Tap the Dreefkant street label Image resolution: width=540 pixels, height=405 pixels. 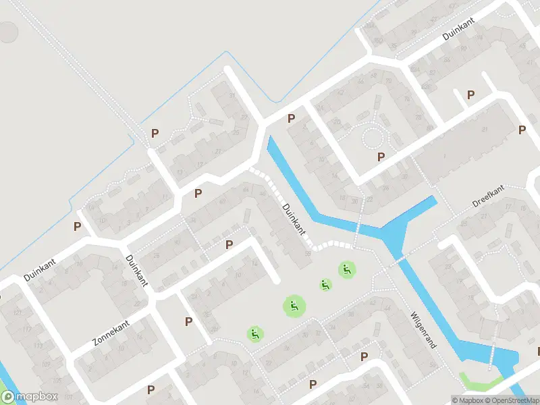coord(488,196)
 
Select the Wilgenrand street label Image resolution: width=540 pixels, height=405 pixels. coord(423,329)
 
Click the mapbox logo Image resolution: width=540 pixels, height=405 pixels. coord(30,397)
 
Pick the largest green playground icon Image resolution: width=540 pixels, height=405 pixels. coord(294,306)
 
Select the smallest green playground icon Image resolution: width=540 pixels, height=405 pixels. coord(325,285)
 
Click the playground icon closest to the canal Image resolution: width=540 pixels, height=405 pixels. coord(347,270)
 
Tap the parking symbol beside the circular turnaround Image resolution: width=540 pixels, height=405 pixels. coord(381,157)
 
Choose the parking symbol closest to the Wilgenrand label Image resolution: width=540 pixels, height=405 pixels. coord(364,356)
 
